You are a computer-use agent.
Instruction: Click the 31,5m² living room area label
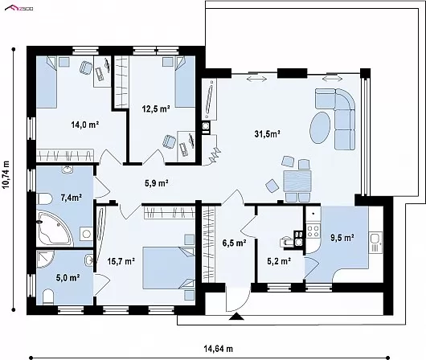click(x=268, y=133)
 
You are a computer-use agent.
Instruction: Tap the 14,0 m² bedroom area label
click(x=84, y=125)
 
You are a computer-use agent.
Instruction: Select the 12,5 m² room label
click(x=156, y=109)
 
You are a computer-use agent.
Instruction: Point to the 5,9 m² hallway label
click(x=156, y=183)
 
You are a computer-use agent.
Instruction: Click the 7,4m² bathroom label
click(x=72, y=198)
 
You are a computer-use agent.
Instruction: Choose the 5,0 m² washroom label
click(x=68, y=278)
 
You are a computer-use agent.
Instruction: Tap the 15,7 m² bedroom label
click(x=121, y=261)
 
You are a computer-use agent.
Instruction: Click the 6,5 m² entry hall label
click(x=235, y=243)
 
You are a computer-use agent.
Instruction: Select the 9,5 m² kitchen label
click(x=342, y=238)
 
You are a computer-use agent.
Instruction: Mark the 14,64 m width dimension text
click(x=219, y=349)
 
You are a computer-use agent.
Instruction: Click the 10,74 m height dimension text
click(x=6, y=174)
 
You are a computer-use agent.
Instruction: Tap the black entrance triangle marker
click(x=236, y=317)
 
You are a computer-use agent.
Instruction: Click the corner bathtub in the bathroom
click(x=55, y=228)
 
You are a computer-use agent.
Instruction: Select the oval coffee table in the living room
click(x=320, y=128)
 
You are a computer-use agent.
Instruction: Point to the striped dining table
click(x=297, y=182)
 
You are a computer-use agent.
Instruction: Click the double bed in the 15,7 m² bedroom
click(x=169, y=268)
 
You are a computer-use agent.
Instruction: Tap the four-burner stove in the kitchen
click(x=313, y=231)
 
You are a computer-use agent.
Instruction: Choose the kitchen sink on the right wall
click(x=375, y=243)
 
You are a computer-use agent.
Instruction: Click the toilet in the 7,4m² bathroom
click(x=44, y=198)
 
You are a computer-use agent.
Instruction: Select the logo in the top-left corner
click(x=18, y=8)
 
